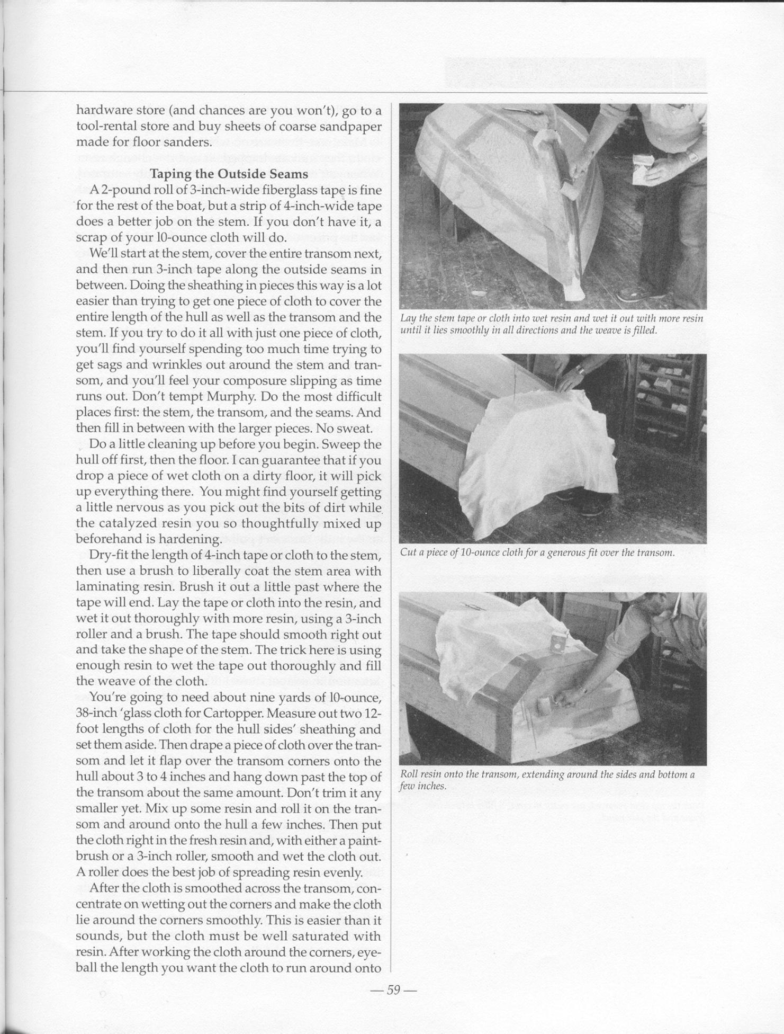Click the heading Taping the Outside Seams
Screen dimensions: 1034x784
229,174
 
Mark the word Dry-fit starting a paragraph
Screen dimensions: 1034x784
110,555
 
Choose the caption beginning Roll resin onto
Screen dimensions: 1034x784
547,780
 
